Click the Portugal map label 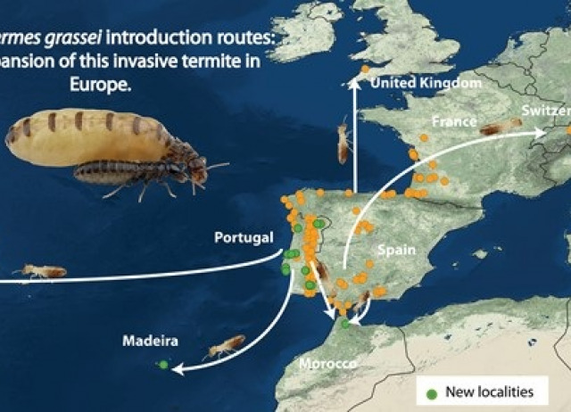pyautogui.click(x=242, y=237)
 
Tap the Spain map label pyautogui.click(x=395, y=251)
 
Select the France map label pyautogui.click(x=452, y=120)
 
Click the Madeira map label pyautogui.click(x=151, y=341)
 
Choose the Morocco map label pyautogui.click(x=327, y=364)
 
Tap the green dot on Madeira pyautogui.click(x=162, y=364)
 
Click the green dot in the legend pyautogui.click(x=432, y=391)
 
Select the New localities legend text pyautogui.click(x=489, y=391)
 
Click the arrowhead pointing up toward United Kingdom pyautogui.click(x=355, y=86)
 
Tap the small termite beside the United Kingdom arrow pyautogui.click(x=343, y=141)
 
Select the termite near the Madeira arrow pyautogui.click(x=226, y=345)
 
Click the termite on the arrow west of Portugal pyautogui.click(x=40, y=270)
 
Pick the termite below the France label pyautogui.click(x=501, y=128)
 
